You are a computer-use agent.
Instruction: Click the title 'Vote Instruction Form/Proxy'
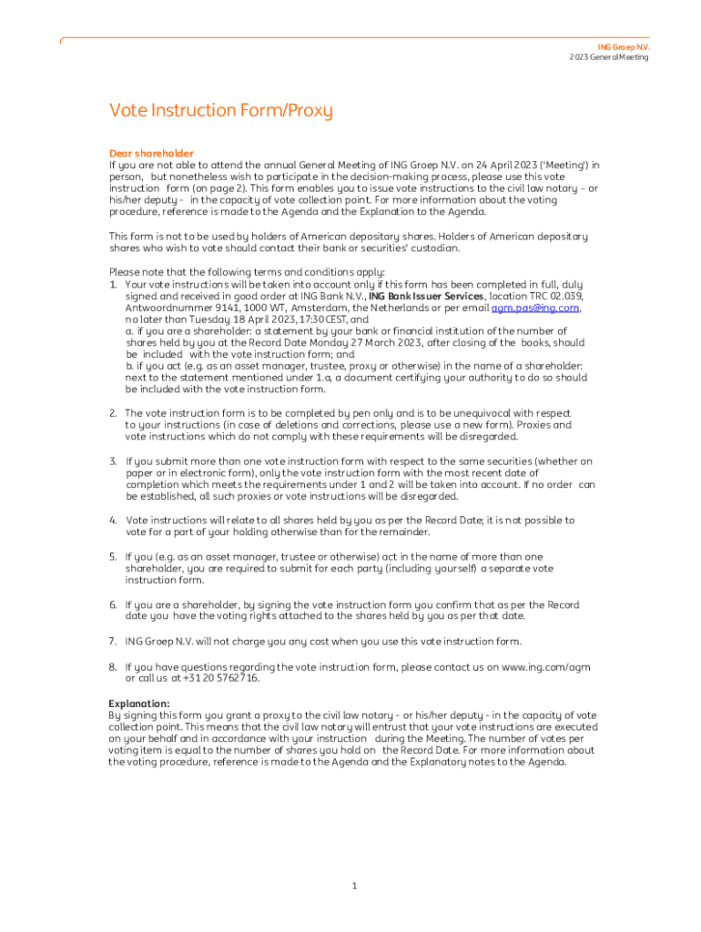[221, 111]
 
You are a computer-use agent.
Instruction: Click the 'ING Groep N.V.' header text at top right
[624, 46]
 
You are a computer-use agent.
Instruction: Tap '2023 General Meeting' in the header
[609, 57]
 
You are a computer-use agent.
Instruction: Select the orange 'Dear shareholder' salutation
[151, 153]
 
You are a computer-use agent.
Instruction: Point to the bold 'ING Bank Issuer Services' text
[425, 297]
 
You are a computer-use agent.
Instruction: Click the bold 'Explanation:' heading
[139, 704]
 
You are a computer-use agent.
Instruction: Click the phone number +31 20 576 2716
[221, 678]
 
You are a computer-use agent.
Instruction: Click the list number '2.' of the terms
[114, 413]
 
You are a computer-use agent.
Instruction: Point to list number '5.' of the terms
[114, 556]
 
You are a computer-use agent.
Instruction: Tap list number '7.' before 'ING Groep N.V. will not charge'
[114, 641]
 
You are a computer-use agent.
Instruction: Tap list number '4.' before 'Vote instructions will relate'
[114, 521]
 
